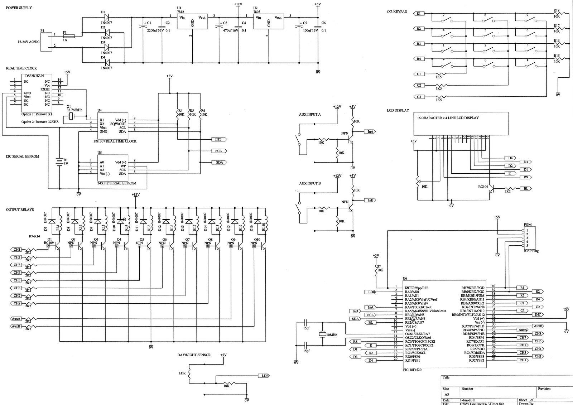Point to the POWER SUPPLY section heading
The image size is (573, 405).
pos(19,8)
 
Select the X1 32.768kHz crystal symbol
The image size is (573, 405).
pos(72,116)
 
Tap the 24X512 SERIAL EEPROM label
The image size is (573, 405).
pos(117,183)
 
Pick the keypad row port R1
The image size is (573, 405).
pos(419,14)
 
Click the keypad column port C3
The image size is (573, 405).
pos(419,97)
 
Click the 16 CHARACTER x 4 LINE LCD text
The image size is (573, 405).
pos(448,118)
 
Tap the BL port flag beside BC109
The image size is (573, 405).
pos(526,188)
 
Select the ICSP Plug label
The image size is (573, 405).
pos(531,251)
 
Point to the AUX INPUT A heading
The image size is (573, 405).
pos(310,114)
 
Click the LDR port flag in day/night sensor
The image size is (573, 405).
pos(264,376)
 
